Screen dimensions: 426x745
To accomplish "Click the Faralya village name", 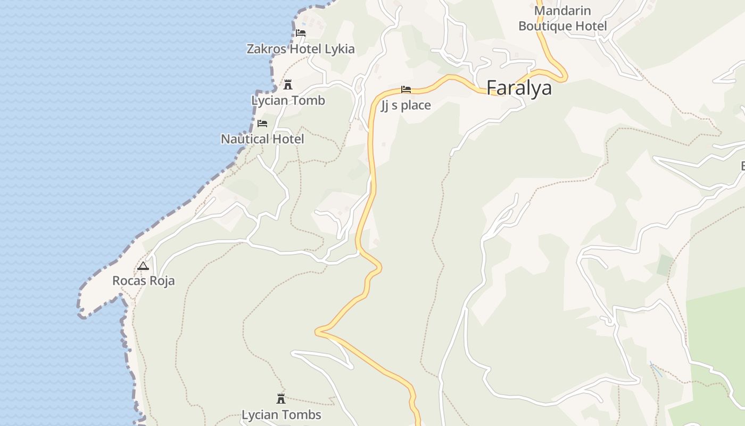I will (519, 88).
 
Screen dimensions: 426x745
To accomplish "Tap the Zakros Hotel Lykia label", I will (300, 49).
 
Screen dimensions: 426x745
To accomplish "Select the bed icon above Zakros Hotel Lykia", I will (301, 33).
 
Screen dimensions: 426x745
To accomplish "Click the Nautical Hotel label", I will (262, 139).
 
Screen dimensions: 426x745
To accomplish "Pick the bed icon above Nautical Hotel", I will (262, 124).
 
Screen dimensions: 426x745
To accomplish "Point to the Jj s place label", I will (405, 105).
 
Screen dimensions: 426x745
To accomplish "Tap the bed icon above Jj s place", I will (406, 89).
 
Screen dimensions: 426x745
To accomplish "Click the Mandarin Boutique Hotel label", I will (562, 18).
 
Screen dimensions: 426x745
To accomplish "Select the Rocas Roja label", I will (143, 281).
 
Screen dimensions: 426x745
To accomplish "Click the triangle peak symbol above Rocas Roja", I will (143, 266).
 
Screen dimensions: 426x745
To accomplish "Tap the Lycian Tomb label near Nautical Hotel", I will (288, 100).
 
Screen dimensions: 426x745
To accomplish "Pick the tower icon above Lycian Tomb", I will (288, 85).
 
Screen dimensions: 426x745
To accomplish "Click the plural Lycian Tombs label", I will (282, 414).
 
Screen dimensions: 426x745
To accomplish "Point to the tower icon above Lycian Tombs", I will (281, 398).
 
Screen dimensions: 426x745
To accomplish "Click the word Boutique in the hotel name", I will (545, 26).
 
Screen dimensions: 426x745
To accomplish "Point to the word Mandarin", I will (562, 11).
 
